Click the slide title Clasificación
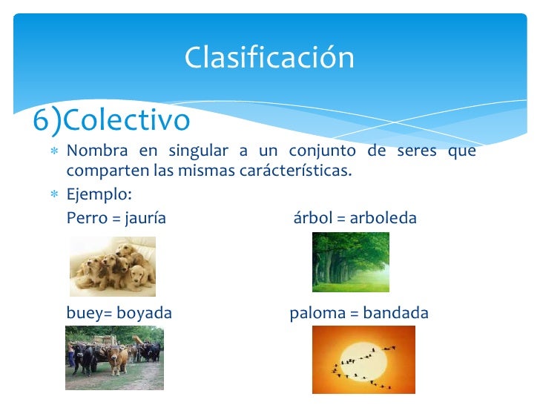(269, 57)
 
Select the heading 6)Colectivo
(111, 119)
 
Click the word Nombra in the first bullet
(96, 151)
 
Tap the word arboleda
(383, 218)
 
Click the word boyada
(144, 313)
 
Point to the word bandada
(395, 313)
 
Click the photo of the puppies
(113, 266)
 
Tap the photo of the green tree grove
(350, 262)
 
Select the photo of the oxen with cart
(113, 358)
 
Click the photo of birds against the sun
(363, 359)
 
